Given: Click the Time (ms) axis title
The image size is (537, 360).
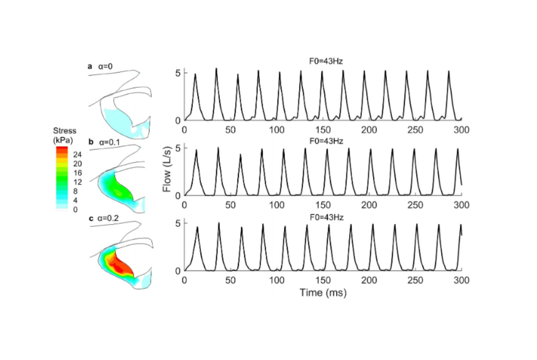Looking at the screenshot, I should click(323, 293).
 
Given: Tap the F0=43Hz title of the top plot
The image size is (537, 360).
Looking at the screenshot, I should click(326, 61).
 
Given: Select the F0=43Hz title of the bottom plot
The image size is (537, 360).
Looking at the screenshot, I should click(327, 217).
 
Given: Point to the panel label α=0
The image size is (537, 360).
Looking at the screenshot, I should click(105, 66).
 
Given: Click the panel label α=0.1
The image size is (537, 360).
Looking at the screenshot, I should click(109, 142).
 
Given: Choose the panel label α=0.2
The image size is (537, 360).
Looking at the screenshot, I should click(108, 218).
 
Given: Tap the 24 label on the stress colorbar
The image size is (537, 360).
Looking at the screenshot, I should click(77, 154).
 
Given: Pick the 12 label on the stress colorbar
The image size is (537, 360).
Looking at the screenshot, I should click(78, 182).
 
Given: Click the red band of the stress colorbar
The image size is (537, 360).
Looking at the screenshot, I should click(62, 149).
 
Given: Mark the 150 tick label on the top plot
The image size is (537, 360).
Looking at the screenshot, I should click(323, 130).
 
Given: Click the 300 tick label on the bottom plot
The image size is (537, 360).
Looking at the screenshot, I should click(461, 280).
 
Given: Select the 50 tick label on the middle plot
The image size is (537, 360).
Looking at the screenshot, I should click(230, 205).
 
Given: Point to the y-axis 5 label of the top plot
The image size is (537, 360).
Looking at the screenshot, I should click(178, 73).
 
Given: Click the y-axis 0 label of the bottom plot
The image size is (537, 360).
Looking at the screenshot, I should click(178, 271).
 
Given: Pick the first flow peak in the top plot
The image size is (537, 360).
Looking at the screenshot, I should click(195, 75).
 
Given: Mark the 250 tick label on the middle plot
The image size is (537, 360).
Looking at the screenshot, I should click(415, 205).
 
